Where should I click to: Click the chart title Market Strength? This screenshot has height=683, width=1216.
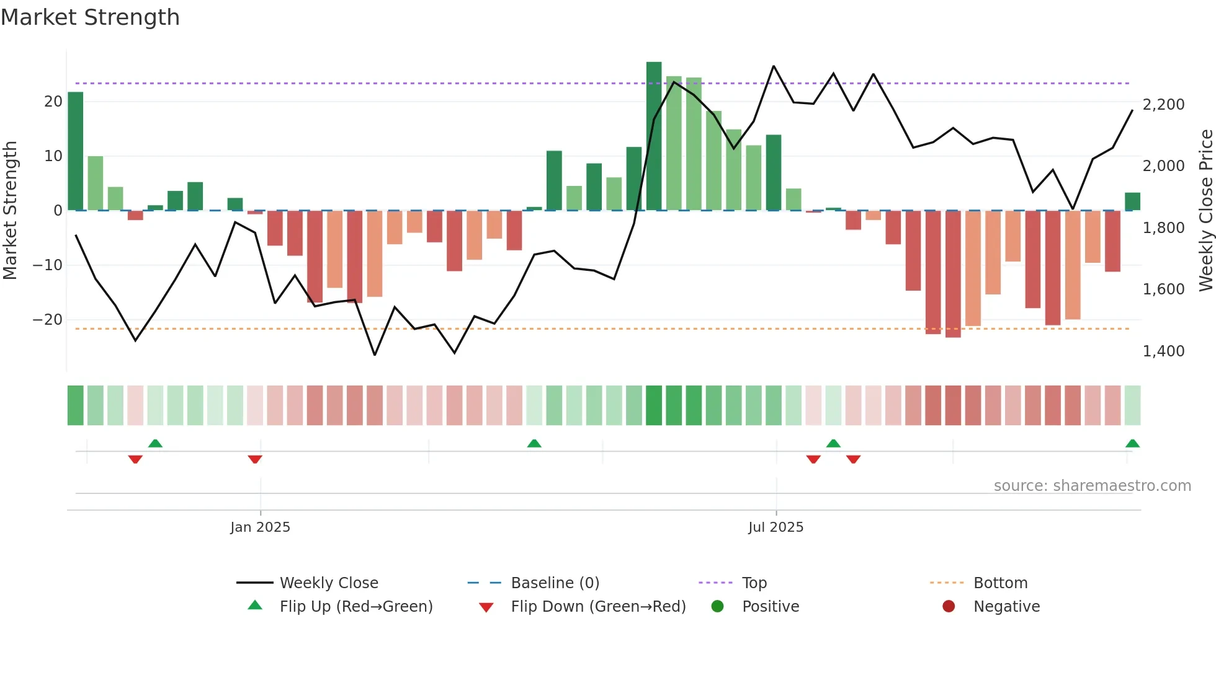(x=90, y=17)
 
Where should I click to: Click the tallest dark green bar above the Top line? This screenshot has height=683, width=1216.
(x=654, y=136)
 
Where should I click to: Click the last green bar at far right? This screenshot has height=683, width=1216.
(x=1132, y=201)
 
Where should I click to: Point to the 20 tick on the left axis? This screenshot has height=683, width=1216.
(x=53, y=102)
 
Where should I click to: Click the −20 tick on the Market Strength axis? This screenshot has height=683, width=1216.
(x=48, y=320)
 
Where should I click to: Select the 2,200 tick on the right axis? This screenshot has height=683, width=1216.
(x=1163, y=105)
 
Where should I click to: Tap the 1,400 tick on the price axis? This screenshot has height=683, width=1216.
(x=1163, y=351)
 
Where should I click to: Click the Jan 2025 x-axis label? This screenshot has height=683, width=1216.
(x=260, y=527)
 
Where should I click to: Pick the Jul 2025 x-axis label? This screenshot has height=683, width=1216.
(x=776, y=527)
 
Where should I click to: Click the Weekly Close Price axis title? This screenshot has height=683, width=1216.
(x=1205, y=210)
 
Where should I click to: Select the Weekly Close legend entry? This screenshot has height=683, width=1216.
(x=328, y=583)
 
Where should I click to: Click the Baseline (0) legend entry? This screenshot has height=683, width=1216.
(x=555, y=583)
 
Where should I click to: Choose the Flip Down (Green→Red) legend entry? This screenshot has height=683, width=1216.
(x=598, y=607)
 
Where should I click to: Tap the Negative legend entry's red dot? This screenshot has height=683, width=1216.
(x=949, y=607)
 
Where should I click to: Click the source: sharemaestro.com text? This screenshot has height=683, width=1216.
(x=1092, y=486)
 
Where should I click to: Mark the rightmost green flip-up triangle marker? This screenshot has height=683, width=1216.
(x=1132, y=443)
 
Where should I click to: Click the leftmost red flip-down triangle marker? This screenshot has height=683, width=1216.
(x=135, y=459)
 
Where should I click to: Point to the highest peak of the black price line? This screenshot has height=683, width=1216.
(x=774, y=66)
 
